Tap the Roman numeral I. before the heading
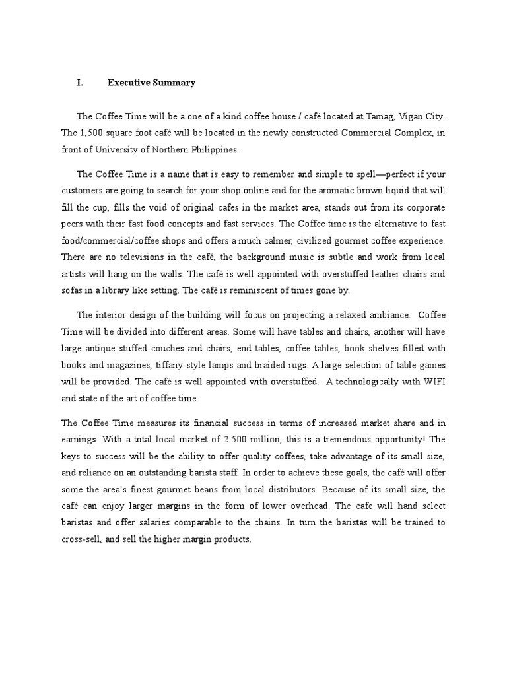80,83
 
